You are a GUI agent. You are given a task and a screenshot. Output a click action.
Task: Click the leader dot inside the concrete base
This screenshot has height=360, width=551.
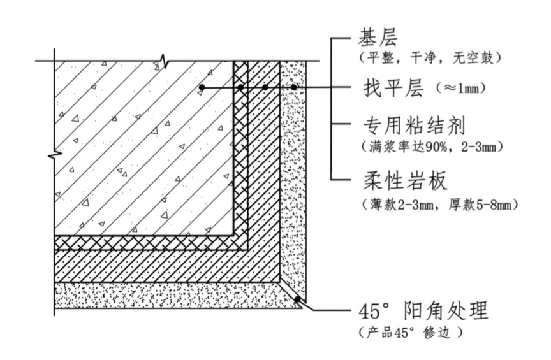tap(202, 87)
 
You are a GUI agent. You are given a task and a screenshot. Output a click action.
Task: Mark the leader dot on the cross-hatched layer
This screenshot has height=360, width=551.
tap(240, 87)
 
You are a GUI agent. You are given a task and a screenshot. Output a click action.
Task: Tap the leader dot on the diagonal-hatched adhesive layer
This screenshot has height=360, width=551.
tap(265, 87)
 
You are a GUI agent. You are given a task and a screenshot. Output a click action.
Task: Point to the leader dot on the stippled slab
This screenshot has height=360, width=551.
tap(294, 87)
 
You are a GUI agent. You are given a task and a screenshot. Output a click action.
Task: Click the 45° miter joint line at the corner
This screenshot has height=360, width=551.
tap(292, 292)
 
